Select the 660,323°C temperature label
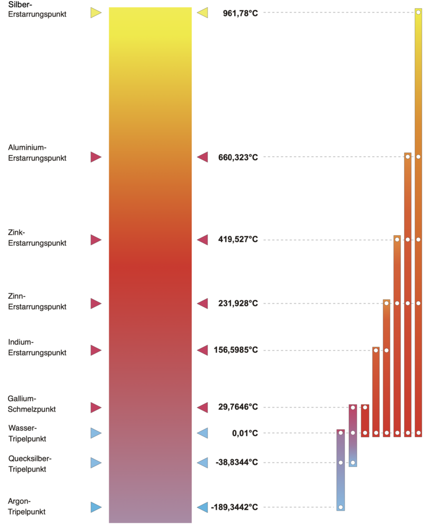[238, 157]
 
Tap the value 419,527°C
[238, 240]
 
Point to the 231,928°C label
[238, 304]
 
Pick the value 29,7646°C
[238, 407]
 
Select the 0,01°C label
[245, 434]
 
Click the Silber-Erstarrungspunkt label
[37, 9]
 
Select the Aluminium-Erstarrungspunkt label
[37, 153]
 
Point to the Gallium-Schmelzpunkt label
[32, 404]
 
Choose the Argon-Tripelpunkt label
[27, 506]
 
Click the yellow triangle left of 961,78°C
[202, 13]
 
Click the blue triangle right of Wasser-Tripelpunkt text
[96, 434]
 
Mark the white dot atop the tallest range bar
[418, 13]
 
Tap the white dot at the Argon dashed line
[341, 508]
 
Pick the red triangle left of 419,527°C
[202, 240]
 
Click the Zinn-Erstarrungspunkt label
[37, 302]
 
